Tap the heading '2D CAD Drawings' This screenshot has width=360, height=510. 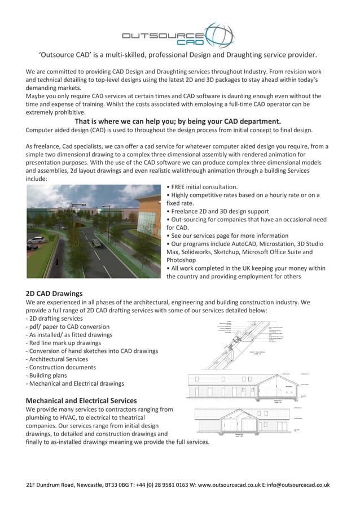tap(54, 293)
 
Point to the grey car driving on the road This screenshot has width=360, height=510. tap(96, 243)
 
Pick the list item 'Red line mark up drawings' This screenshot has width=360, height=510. tap(64, 343)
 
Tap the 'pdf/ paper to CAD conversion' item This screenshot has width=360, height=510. tap(68, 326)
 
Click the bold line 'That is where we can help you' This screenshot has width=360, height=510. tap(178, 121)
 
